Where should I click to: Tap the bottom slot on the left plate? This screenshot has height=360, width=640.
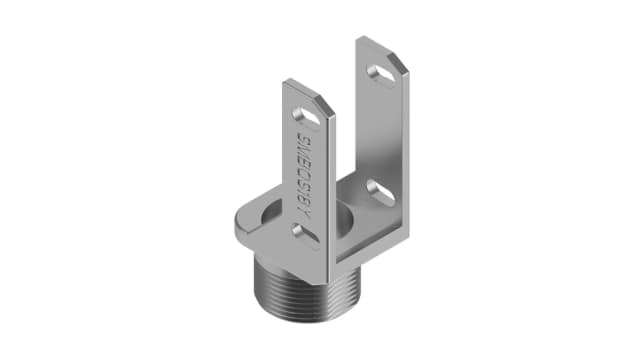tap(301, 232)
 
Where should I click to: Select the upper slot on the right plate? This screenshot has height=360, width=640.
tap(381, 72)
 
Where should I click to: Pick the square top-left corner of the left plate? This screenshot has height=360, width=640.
tap(285, 81)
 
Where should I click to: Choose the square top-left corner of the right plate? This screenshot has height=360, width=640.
tap(361, 39)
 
